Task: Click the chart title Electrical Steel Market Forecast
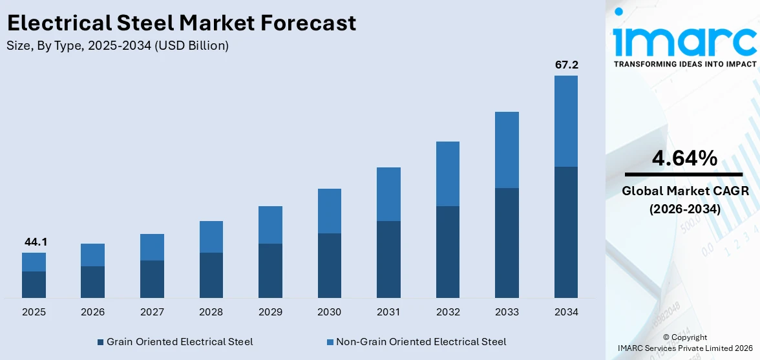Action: pos(182,23)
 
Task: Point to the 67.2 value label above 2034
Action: pos(566,65)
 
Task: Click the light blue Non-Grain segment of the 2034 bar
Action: pos(566,121)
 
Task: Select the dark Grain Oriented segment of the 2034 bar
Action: pos(566,232)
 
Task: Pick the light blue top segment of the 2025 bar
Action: pos(34,262)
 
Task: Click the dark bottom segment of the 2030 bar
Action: pos(330,265)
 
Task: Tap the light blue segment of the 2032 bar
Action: pos(448,174)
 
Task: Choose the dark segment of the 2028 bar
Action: pos(211,275)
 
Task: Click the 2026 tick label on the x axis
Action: pos(93,312)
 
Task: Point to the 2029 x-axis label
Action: pos(270,312)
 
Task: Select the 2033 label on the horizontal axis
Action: pos(507,312)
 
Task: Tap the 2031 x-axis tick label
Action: pos(388,312)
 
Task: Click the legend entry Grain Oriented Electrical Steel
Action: pos(174,341)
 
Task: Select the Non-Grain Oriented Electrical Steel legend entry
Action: pos(416,341)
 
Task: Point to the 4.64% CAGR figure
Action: pos(684,158)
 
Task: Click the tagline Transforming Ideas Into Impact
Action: pos(684,64)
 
